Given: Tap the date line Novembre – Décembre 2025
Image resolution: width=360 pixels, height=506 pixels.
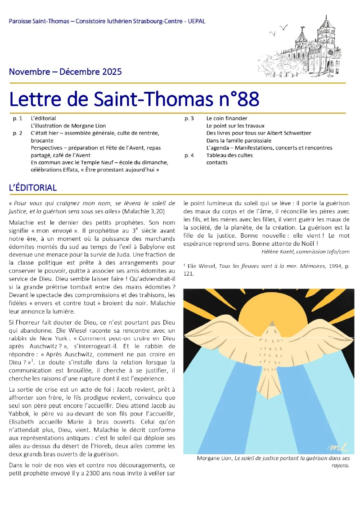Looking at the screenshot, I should tap(65, 72).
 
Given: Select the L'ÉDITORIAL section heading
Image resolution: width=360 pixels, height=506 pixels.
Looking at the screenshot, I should tap(33, 188).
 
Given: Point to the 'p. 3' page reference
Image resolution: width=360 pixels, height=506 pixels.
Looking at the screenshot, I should tap(189, 118).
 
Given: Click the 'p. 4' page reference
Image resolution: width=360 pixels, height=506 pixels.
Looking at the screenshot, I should tap(189, 155).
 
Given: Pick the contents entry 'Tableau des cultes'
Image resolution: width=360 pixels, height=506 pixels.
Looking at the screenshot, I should tap(229, 155).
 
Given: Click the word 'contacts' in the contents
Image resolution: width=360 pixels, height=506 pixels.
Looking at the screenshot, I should tap(217, 163).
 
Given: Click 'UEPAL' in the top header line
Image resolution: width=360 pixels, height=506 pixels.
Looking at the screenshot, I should tap(197, 22).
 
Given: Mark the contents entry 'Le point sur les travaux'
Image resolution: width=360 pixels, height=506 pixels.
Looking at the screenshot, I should tap(235, 126).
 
